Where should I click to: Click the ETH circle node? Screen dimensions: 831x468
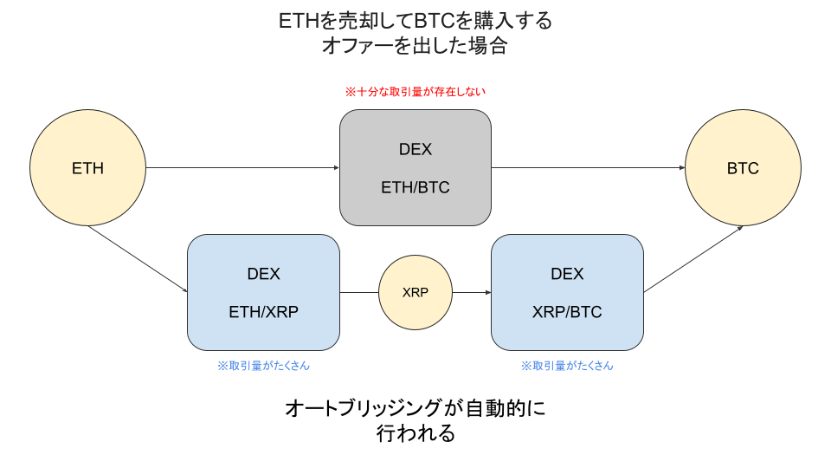click(x=87, y=167)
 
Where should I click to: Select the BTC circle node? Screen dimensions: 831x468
click(x=743, y=167)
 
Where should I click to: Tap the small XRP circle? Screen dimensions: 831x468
click(x=415, y=292)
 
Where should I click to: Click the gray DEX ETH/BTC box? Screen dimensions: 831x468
click(x=415, y=167)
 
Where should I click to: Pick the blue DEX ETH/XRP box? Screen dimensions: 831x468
click(x=263, y=292)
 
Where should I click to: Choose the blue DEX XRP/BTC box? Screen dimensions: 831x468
click(x=567, y=292)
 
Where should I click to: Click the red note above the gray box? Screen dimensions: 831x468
click(x=415, y=92)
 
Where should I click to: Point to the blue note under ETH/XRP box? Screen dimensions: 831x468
click(x=263, y=366)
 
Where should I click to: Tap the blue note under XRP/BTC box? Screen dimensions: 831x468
click(x=567, y=366)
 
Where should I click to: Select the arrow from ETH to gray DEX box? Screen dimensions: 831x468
click(x=242, y=167)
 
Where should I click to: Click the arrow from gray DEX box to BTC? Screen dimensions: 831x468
click(x=589, y=167)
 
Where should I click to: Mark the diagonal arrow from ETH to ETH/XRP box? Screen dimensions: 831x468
click(x=138, y=259)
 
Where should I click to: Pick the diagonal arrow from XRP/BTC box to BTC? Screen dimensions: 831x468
click(x=693, y=259)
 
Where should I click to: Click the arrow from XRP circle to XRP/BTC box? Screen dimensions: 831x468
click(x=472, y=292)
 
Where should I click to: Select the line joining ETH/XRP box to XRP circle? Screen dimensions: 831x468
click(x=359, y=292)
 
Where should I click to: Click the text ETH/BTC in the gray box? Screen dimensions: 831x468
click(x=415, y=187)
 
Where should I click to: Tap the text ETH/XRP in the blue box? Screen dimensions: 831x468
click(x=263, y=312)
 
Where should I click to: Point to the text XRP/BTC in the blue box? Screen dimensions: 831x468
click(x=567, y=312)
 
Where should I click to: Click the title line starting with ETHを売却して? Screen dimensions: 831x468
click(x=415, y=21)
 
